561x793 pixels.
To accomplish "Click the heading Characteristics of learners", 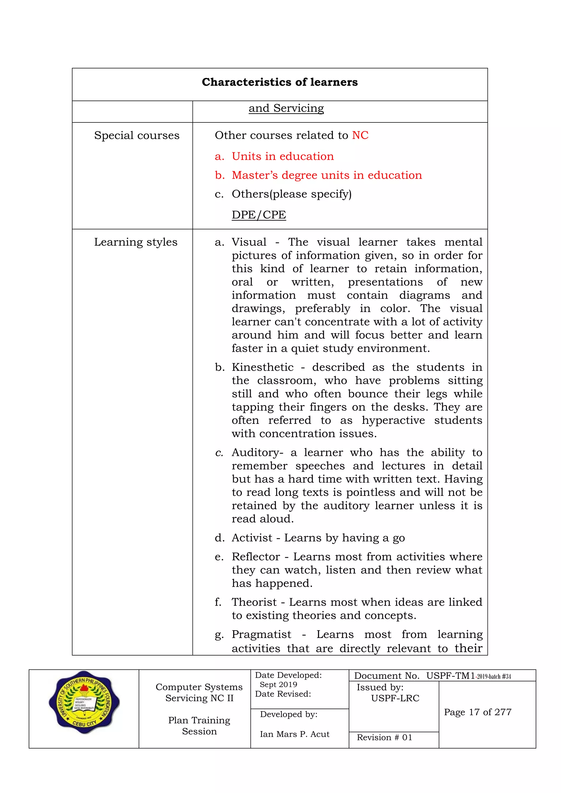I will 280,82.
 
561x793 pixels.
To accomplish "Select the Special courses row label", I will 137,135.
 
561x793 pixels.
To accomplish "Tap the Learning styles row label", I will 136,242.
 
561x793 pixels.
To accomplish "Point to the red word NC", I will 360,135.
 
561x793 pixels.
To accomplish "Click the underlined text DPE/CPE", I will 259,215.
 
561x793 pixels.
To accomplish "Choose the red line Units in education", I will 283,156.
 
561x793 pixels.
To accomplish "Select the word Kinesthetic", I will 262,367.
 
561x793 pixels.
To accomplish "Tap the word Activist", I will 252,538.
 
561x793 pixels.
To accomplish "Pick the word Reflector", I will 256,557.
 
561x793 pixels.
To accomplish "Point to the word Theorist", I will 254,602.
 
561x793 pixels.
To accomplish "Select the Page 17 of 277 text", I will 477,712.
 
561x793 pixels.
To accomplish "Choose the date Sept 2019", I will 278,685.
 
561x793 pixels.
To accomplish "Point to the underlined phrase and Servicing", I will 286,108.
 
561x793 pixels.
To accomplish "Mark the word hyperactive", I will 393,420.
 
